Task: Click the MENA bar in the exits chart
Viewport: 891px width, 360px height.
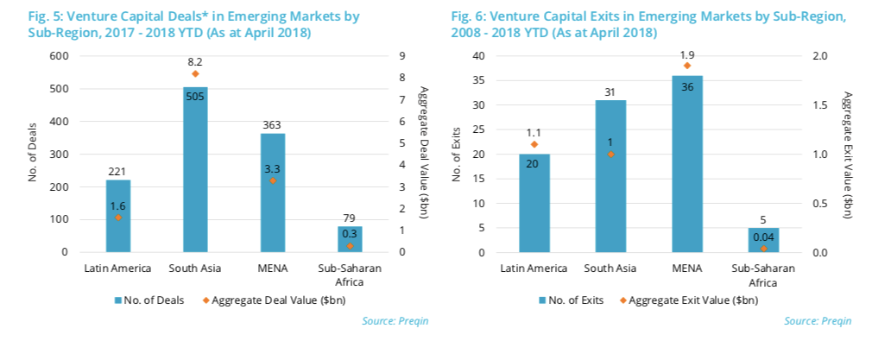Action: pos(687,164)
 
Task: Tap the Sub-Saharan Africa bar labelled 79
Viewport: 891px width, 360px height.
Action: pos(350,239)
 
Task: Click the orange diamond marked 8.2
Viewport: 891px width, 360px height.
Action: pos(195,73)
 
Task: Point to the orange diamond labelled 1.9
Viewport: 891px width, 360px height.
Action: pos(687,66)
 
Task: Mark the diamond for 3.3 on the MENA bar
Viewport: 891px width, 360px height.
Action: pos(273,180)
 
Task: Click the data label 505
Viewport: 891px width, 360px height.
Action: pos(195,96)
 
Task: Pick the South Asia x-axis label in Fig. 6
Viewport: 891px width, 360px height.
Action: pos(610,268)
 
